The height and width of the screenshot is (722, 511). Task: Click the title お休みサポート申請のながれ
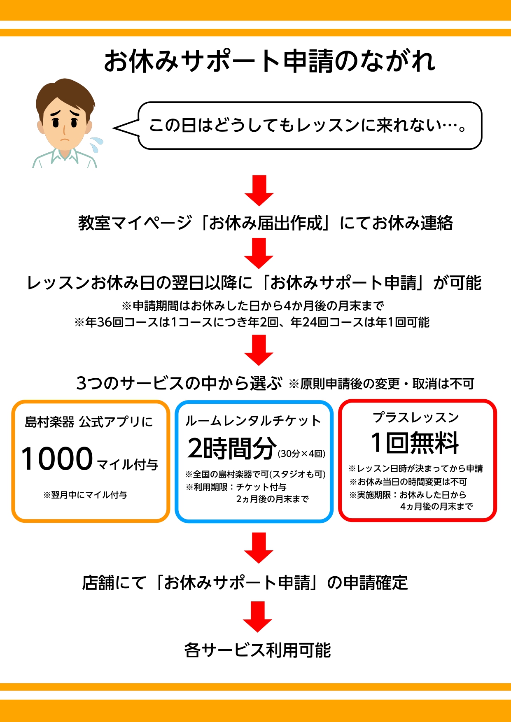pyautogui.click(x=270, y=62)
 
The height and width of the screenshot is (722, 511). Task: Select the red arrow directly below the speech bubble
pyautogui.click(x=259, y=191)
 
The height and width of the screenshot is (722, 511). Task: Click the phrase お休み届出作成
pyautogui.click(x=266, y=223)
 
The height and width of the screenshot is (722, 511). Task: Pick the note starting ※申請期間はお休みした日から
pyautogui.click(x=253, y=306)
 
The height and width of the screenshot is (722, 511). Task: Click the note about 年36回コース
pyautogui.click(x=252, y=322)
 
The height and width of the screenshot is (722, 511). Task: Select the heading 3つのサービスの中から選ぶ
pyautogui.click(x=179, y=383)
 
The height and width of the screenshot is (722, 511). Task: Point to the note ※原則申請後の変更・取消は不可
pyautogui.click(x=381, y=384)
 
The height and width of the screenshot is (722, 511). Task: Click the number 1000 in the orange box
pyautogui.click(x=57, y=459)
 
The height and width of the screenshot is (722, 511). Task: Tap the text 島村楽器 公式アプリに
pyautogui.click(x=89, y=422)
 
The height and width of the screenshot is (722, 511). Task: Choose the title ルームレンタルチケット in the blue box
pyautogui.click(x=253, y=421)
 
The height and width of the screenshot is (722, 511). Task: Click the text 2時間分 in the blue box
pyautogui.click(x=232, y=448)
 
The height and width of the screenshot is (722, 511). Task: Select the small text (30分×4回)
pyautogui.click(x=301, y=454)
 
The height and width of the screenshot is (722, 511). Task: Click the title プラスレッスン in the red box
pyautogui.click(x=416, y=417)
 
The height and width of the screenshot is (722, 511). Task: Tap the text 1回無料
pyautogui.click(x=415, y=443)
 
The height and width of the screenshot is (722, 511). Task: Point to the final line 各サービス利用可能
pyautogui.click(x=257, y=650)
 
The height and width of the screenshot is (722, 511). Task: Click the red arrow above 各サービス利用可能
pyautogui.click(x=257, y=617)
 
